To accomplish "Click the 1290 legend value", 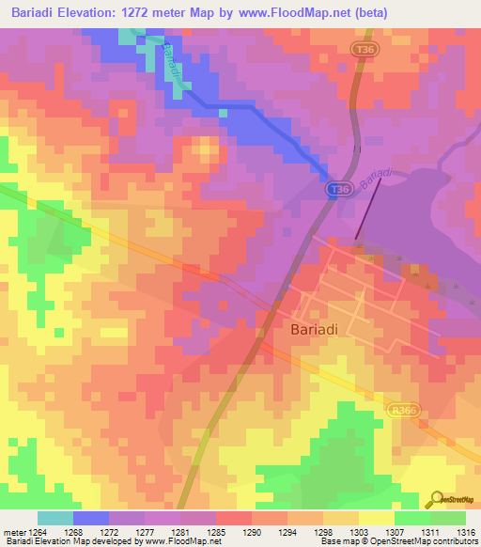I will [252, 531].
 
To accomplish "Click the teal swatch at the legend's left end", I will [55, 518].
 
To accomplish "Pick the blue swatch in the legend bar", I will [91, 518].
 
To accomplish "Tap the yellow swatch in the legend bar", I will [376, 518].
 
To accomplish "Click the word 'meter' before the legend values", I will [15, 531].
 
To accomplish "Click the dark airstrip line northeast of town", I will [368, 210].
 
